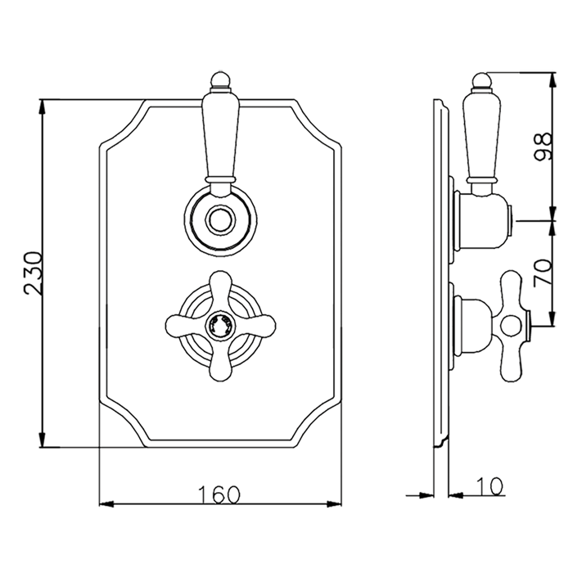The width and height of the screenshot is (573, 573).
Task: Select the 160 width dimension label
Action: coord(219,494)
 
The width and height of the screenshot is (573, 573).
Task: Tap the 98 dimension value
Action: coord(542,147)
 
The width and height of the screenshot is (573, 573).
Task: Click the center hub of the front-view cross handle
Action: coord(220,323)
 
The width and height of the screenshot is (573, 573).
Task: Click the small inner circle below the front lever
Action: coord(220,220)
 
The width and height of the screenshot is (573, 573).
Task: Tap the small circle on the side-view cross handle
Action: coord(510,326)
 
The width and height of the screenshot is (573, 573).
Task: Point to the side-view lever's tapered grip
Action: coord(481,134)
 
